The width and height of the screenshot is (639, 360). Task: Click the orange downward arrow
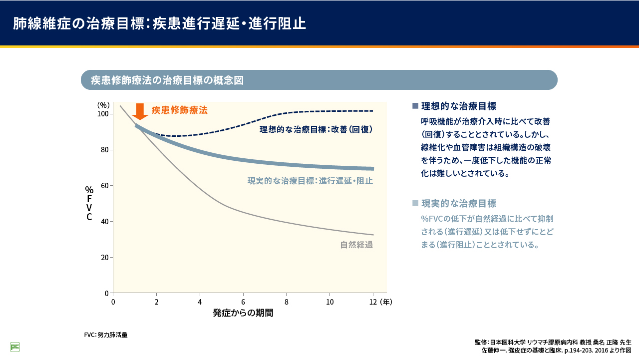point(140,111)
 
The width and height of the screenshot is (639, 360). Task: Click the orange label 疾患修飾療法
point(179,110)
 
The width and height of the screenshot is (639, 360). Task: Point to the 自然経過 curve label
point(356,245)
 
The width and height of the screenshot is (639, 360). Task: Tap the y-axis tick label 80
point(104,150)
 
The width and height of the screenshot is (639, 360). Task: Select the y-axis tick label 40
point(104,221)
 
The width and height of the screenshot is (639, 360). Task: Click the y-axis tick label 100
point(103,114)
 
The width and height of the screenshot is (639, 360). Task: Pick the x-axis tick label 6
point(243,302)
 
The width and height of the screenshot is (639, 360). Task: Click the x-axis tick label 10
point(330,302)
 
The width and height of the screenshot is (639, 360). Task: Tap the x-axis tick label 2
point(156,302)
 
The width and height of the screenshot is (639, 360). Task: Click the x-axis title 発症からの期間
point(243,314)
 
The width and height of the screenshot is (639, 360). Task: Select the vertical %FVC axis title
point(89,203)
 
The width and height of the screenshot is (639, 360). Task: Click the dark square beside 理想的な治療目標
point(415,106)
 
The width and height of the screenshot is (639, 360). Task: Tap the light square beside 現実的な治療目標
point(415,203)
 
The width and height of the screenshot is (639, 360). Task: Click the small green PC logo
point(15,347)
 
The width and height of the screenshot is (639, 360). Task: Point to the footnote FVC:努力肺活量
point(106,335)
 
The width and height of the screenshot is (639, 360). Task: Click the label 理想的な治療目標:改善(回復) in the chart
point(316,129)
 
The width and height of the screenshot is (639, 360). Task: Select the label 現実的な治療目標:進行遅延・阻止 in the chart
point(310,181)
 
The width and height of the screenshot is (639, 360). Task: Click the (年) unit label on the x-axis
point(386,302)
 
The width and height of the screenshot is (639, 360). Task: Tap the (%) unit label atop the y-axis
point(103,105)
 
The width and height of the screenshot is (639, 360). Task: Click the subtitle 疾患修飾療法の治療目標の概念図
point(167,80)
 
